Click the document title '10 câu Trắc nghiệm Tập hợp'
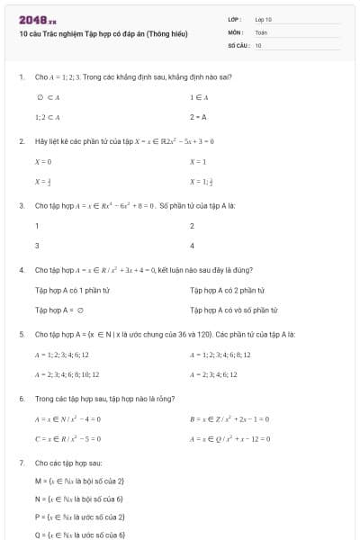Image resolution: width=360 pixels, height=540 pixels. click(103, 33)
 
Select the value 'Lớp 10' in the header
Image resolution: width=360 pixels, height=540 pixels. click(264, 19)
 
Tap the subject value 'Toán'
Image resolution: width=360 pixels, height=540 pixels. click(261, 31)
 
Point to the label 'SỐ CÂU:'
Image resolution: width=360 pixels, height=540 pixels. click(238, 44)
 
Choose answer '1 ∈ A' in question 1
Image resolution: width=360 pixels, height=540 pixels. click(199, 96)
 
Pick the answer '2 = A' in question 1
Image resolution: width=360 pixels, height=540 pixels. click(198, 117)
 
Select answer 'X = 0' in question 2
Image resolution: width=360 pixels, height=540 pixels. click(43, 161)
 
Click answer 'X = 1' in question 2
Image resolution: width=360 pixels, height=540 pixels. click(198, 161)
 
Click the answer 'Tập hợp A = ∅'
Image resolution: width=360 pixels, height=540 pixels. click(58, 310)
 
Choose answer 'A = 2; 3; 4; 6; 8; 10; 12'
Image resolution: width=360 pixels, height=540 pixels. click(67, 373)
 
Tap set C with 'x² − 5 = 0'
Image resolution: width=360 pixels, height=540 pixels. click(67, 438)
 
